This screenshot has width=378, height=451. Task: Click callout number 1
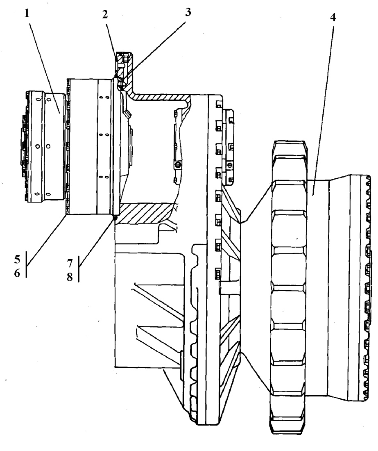(27, 13)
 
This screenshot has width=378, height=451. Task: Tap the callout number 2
(105, 14)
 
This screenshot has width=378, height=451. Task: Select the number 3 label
(188, 12)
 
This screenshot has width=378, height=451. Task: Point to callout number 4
(333, 17)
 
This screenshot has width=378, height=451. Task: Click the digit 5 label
(18, 260)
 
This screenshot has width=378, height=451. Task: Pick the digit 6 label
(18, 273)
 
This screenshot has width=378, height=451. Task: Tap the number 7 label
(70, 263)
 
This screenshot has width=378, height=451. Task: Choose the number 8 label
(70, 277)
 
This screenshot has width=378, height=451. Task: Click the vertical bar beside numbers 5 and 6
(27, 264)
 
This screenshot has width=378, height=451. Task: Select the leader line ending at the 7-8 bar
(97, 242)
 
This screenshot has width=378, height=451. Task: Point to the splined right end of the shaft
(366, 288)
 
